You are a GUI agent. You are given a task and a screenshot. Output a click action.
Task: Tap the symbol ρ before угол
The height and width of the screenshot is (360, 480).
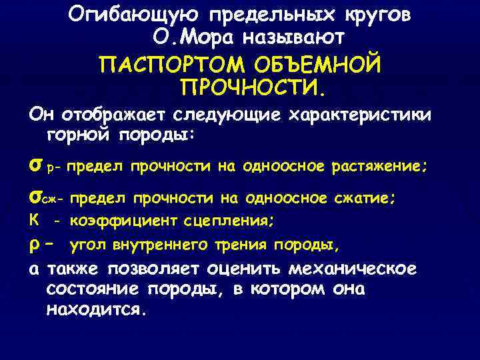point(35,245)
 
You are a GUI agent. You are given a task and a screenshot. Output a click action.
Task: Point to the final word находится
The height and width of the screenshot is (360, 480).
point(95,309)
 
